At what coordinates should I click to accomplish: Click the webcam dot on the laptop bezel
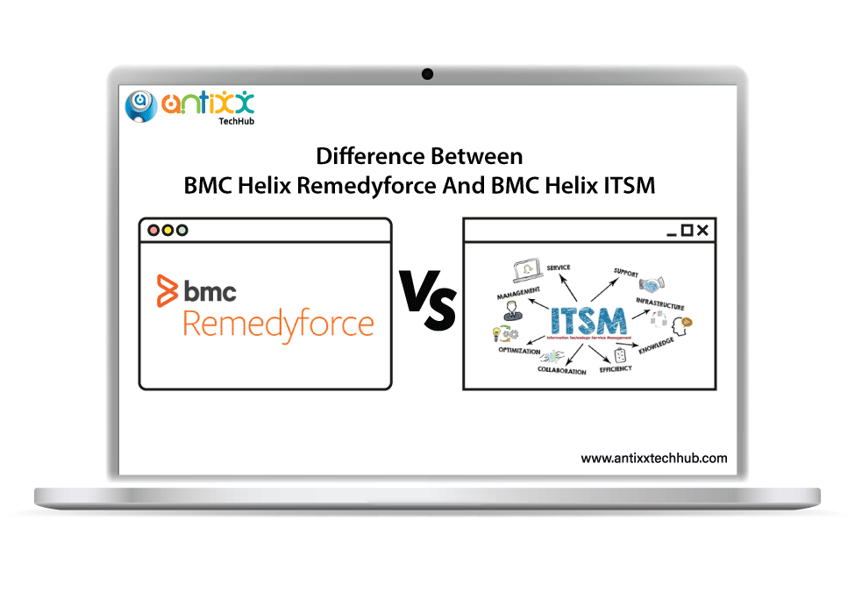click(427, 74)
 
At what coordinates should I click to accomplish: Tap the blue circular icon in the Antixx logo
click(140, 106)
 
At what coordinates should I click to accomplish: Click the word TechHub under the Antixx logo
click(234, 122)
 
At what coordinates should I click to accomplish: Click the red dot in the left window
click(153, 231)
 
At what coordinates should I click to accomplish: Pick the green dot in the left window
click(182, 231)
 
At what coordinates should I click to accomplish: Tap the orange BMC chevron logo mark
click(167, 290)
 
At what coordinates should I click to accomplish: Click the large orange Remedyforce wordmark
click(278, 324)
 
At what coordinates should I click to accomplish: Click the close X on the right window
click(702, 231)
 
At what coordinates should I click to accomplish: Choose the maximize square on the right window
click(687, 231)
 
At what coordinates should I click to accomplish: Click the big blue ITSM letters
click(588, 320)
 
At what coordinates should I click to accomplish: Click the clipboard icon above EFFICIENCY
click(620, 355)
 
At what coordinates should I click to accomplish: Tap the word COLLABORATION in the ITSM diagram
click(561, 371)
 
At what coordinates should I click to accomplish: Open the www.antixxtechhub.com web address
click(653, 458)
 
